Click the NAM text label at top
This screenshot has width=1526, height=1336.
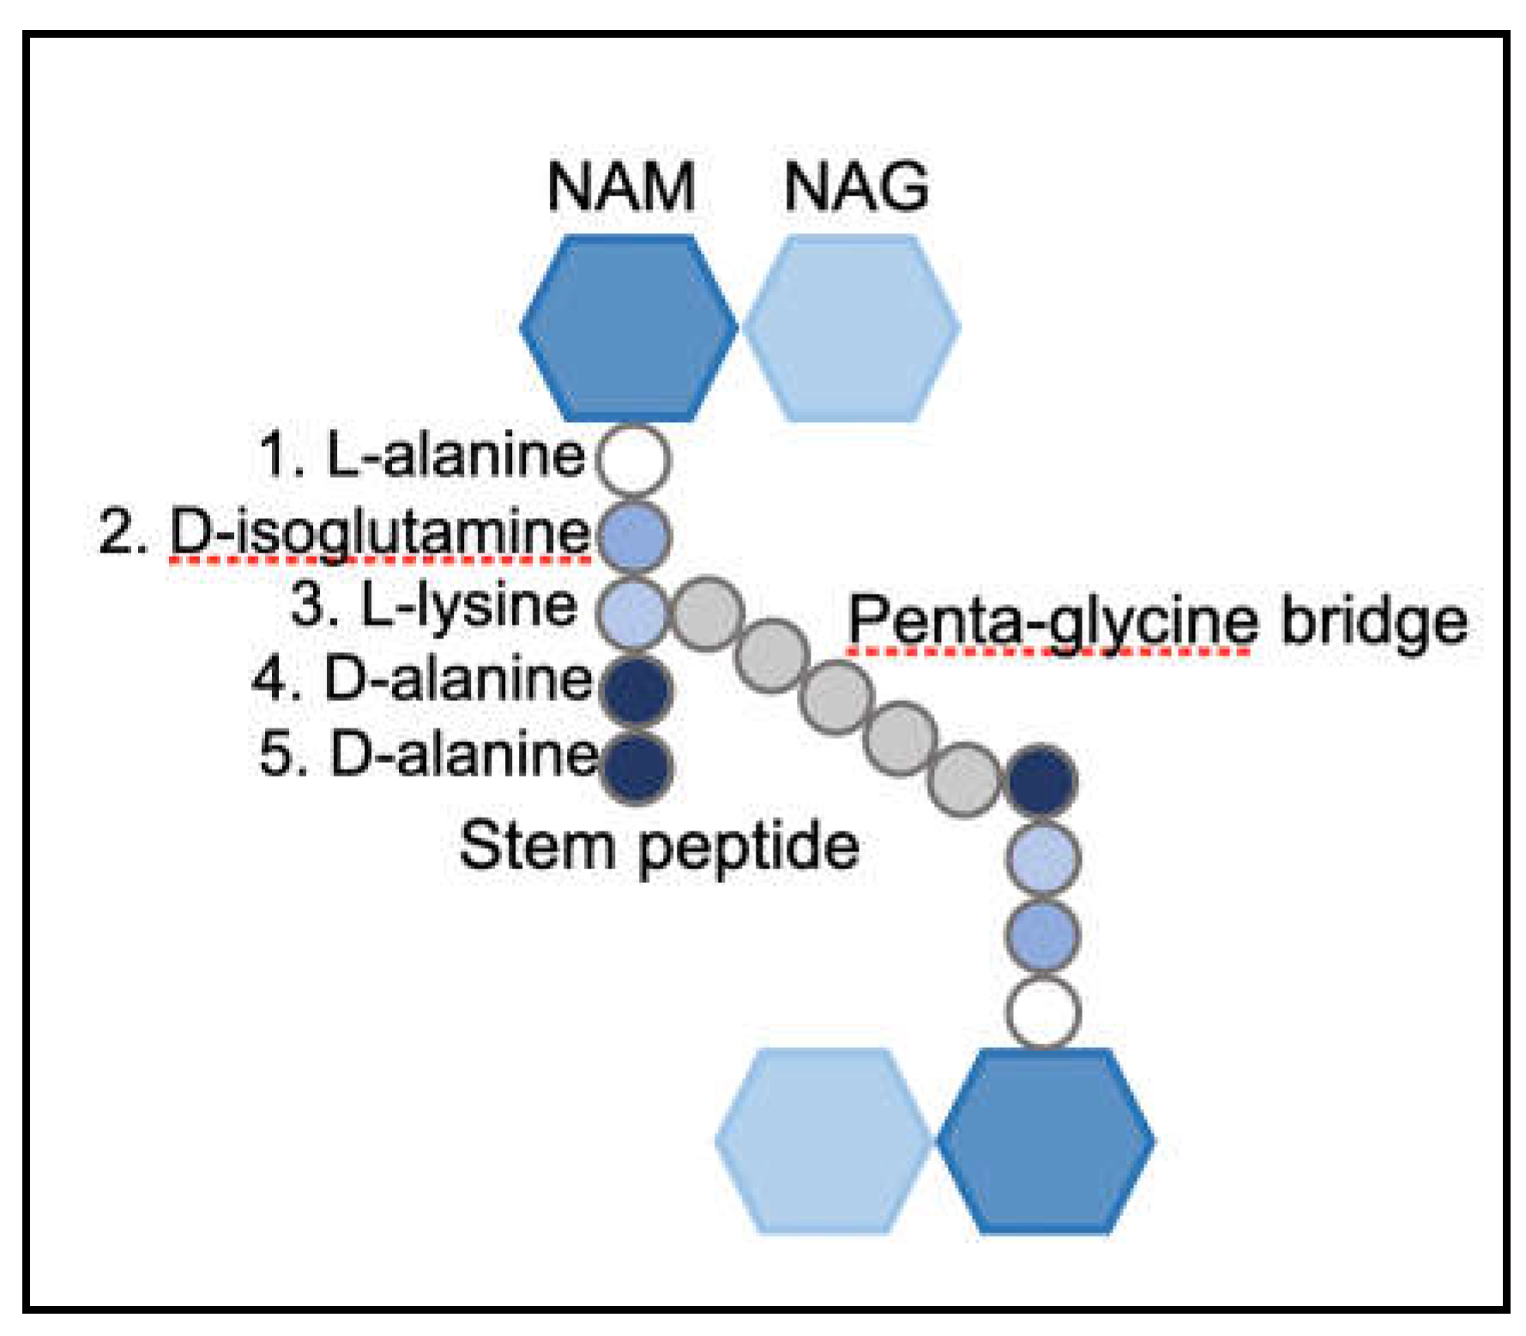coord(620,186)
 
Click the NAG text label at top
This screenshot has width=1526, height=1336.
coord(855,186)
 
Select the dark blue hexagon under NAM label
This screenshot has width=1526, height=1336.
coord(629,328)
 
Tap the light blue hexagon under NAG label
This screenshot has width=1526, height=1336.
coord(851,328)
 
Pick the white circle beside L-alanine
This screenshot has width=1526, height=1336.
coord(633,459)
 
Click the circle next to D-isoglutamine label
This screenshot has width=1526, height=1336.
coord(634,535)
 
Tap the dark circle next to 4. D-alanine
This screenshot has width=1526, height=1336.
coord(636,689)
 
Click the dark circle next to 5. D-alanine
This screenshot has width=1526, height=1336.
coord(636,766)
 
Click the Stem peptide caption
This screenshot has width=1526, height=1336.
coord(659,847)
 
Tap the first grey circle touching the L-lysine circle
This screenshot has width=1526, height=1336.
coord(707,614)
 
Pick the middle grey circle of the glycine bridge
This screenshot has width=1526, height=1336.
coord(836,697)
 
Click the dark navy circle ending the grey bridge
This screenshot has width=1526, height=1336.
coord(1040,780)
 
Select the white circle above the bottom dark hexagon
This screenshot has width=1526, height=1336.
coord(1042,1012)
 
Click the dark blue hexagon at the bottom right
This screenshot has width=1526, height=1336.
coord(1046,1141)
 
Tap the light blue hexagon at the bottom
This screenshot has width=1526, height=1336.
coord(823,1141)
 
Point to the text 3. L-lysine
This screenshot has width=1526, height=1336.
coord(434,605)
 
